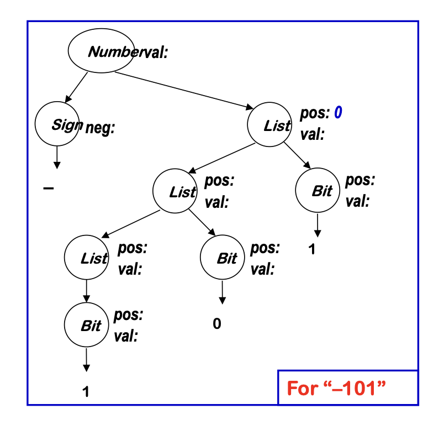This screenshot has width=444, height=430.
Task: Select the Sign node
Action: click(57, 125)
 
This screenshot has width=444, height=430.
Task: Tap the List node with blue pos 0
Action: click(269, 125)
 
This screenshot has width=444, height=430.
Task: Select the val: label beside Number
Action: click(155, 53)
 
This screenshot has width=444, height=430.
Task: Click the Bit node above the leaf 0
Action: click(222, 258)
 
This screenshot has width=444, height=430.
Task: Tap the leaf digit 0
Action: click(217, 324)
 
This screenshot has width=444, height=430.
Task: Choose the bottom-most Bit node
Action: click(86, 326)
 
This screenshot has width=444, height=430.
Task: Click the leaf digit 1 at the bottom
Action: click(86, 392)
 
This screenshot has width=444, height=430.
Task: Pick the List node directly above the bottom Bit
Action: click(86, 258)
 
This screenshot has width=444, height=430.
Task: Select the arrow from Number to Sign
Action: click(76, 87)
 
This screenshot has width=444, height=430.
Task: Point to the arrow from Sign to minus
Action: click(56, 158)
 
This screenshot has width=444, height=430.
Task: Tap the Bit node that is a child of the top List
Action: click(318, 191)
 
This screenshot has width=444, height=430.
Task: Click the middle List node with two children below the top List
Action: click(175, 192)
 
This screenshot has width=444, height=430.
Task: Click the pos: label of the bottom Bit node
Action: click(129, 316)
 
